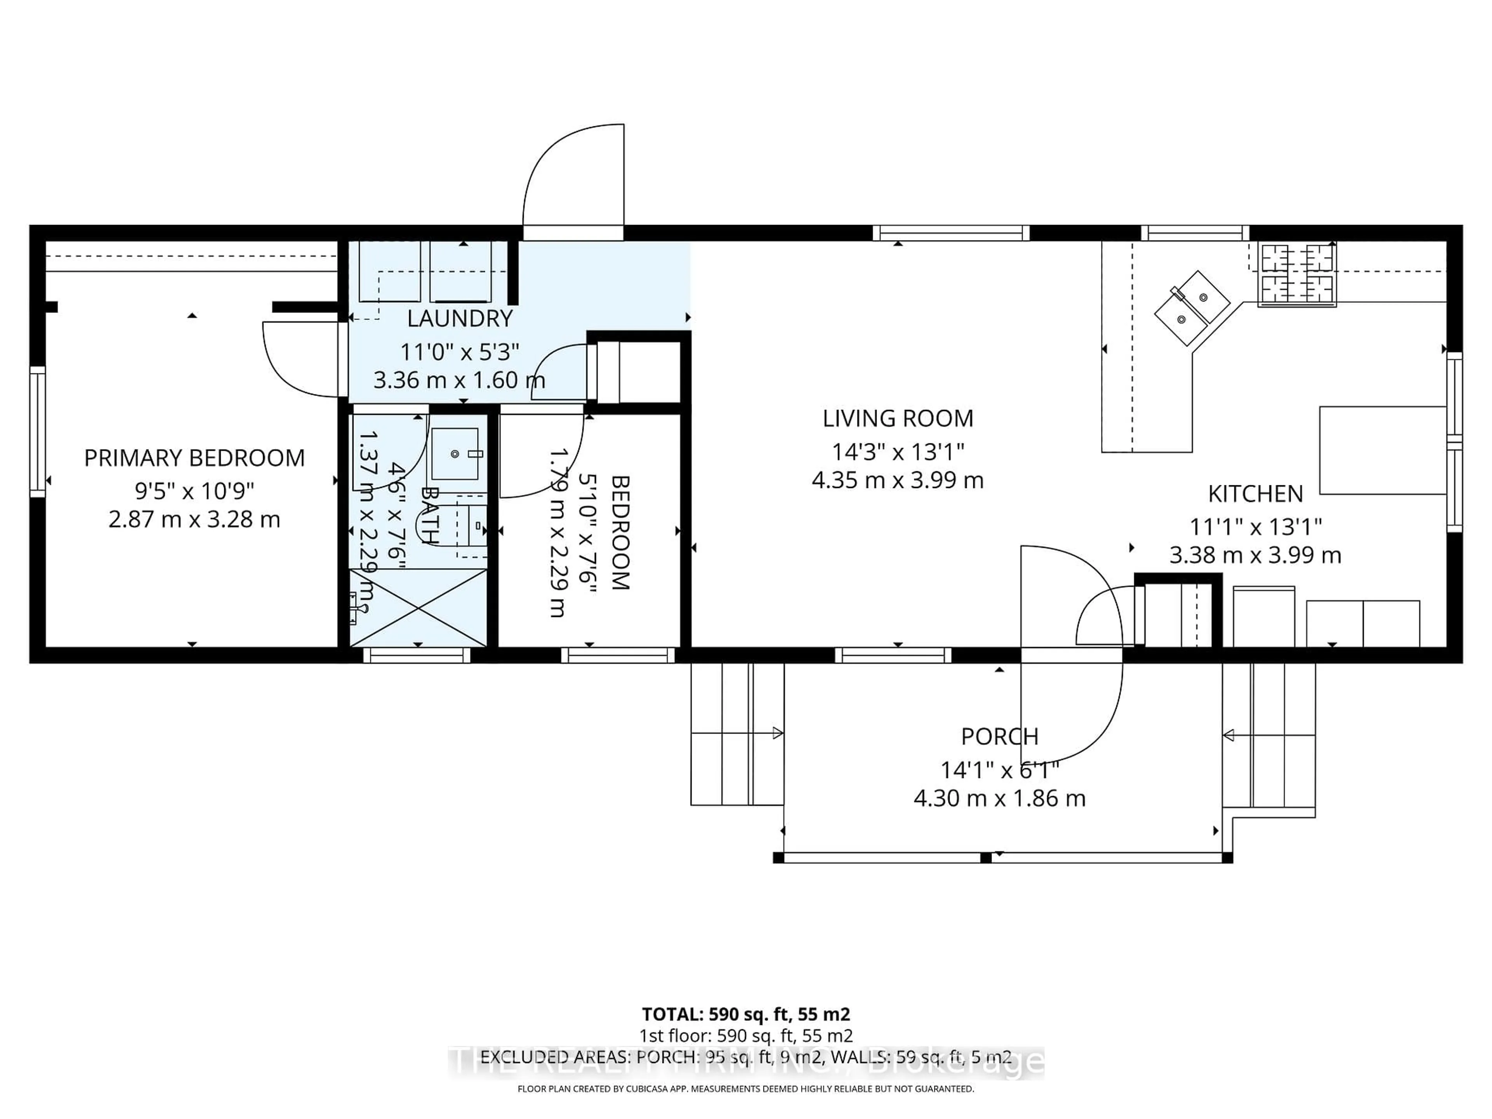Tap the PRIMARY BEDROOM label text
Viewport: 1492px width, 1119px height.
[x=194, y=458]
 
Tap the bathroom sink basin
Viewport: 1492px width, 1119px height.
[x=455, y=454]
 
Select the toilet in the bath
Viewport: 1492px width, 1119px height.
[x=474, y=525]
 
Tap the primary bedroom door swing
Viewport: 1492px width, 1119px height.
[x=297, y=361]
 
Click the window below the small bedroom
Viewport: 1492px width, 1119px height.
[x=618, y=655]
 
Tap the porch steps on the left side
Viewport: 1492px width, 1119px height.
[x=737, y=734]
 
